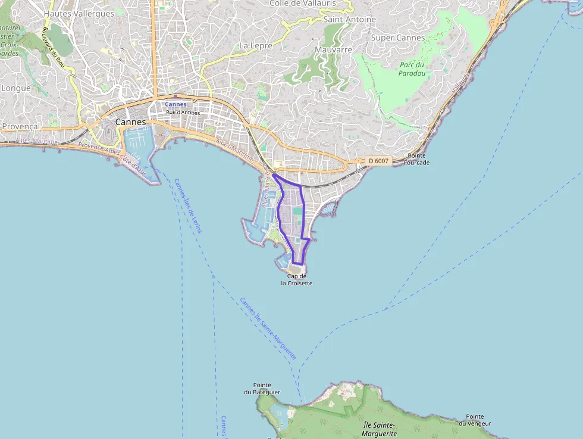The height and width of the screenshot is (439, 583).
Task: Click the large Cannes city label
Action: pyautogui.click(x=130, y=122)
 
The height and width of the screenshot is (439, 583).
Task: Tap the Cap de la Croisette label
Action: pyautogui.click(x=297, y=280)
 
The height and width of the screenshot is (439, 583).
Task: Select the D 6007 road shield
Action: pyautogui.click(x=378, y=161)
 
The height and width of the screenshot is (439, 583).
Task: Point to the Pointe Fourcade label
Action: pyautogui.click(x=416, y=159)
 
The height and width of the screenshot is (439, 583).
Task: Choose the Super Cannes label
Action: pyautogui.click(x=397, y=38)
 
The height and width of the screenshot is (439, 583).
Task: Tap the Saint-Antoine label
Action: pyautogui.click(x=350, y=19)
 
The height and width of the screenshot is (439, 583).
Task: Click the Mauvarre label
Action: pyautogui.click(x=333, y=49)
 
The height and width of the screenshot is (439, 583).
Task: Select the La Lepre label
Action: pyautogui.click(x=256, y=45)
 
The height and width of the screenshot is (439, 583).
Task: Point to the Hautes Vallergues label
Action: pyautogui.click(x=79, y=13)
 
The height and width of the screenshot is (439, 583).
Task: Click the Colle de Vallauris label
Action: pyautogui.click(x=302, y=4)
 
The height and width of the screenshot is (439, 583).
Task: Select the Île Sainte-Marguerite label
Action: pyautogui.click(x=378, y=429)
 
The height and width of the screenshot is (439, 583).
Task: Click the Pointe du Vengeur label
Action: pyautogui.click(x=475, y=420)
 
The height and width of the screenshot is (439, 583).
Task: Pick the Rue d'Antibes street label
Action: pyautogui.click(x=183, y=112)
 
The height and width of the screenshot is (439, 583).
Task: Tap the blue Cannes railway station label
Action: pyautogui.click(x=175, y=104)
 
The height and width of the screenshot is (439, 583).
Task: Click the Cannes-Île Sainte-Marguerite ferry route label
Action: pyautogui.click(x=268, y=328)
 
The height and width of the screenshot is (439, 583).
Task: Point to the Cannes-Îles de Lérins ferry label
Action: pyautogui.click(x=188, y=206)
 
